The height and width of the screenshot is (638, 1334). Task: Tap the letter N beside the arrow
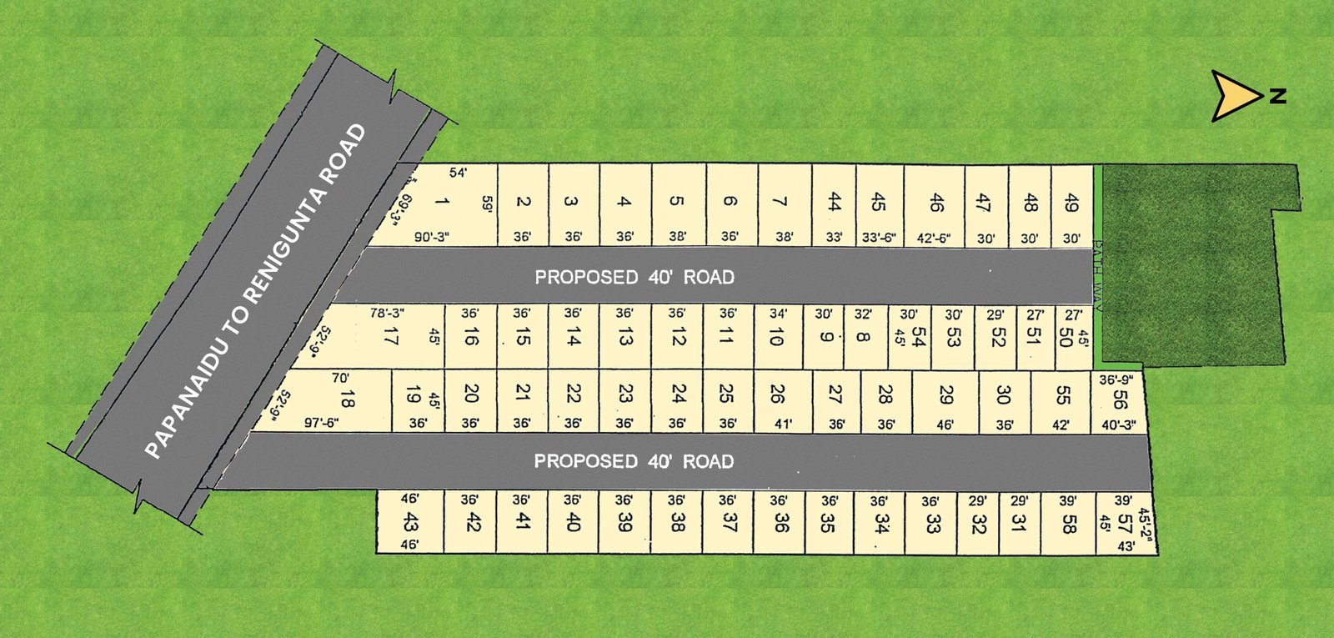coord(1277,97)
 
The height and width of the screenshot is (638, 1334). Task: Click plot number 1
coord(441,201)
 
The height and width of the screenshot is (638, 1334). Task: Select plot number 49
coord(1072,203)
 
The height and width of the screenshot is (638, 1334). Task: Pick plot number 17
coord(390,337)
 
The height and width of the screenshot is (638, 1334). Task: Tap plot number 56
coord(1119,400)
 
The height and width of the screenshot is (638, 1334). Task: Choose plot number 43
coord(409,522)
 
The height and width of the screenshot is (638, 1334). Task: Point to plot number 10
coord(776,337)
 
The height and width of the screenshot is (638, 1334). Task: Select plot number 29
coord(945,394)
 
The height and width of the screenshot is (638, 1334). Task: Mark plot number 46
coord(936,202)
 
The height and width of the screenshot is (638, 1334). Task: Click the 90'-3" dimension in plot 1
coord(432,238)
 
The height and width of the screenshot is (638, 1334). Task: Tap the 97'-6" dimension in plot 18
coord(321,423)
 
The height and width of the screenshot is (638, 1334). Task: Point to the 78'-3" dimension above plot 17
coord(387,314)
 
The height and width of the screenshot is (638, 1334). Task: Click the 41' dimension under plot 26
coord(783,424)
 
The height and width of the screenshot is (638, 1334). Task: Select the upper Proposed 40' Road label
coord(634,277)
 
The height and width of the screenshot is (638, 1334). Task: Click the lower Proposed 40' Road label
coord(634,461)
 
